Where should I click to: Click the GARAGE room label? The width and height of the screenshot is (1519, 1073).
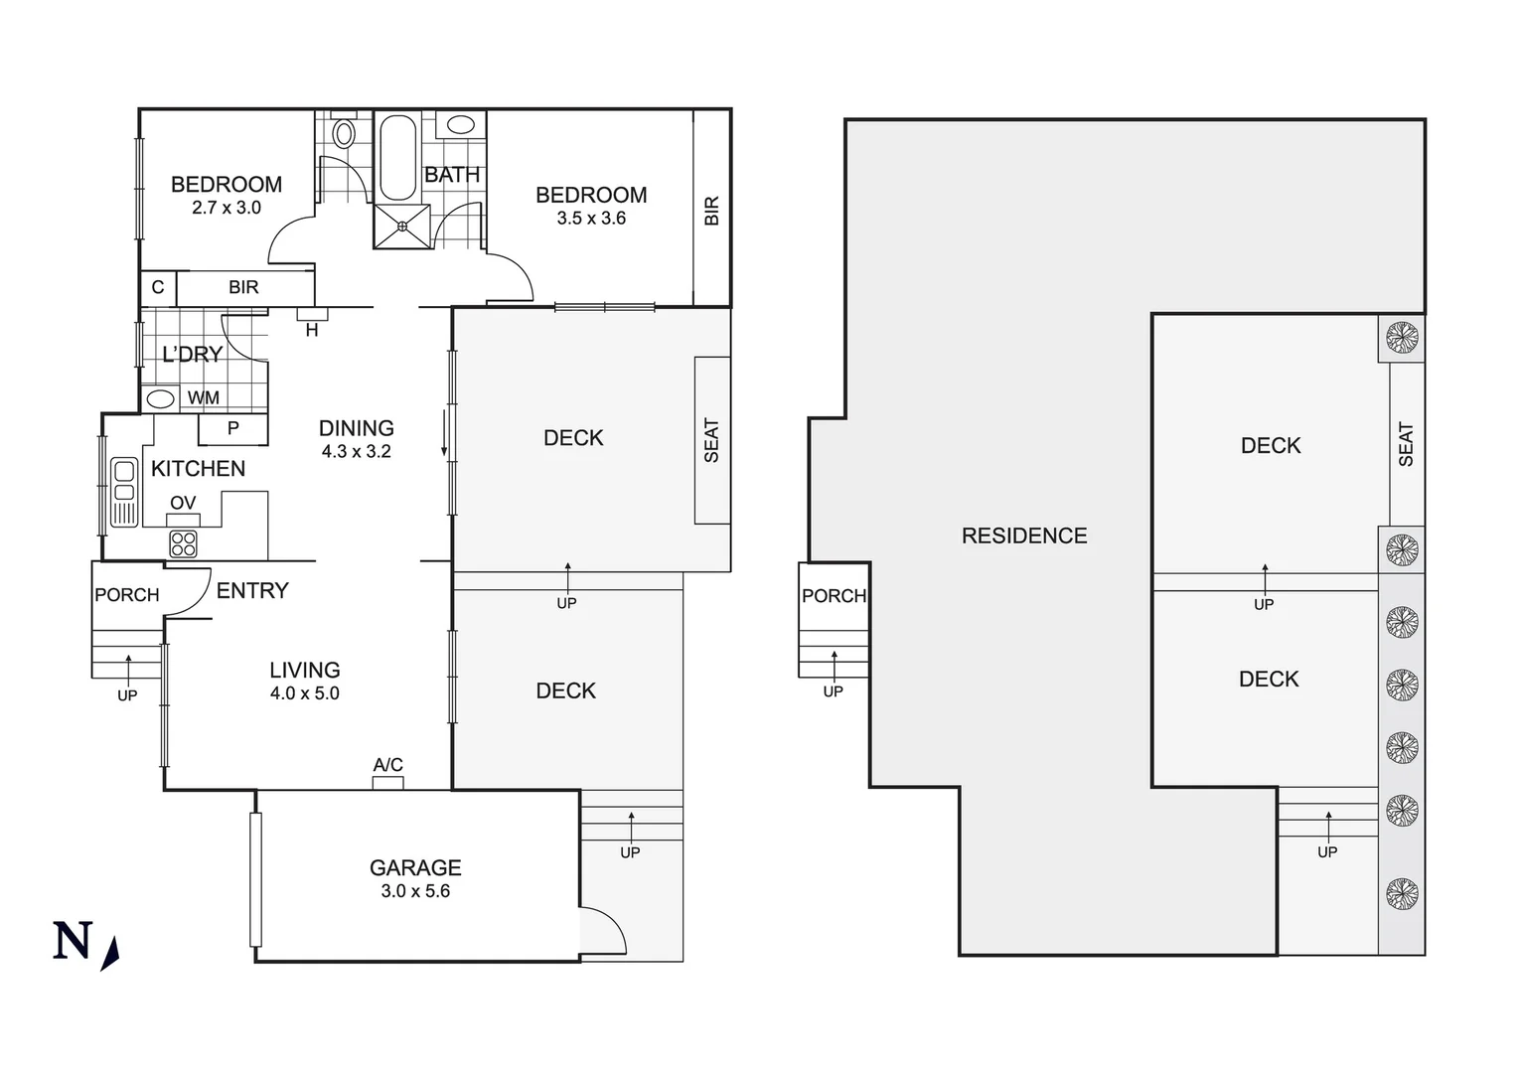pos(415,867)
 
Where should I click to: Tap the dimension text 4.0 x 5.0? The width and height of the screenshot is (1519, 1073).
pos(304,693)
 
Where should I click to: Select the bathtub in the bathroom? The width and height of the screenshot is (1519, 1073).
pos(399,159)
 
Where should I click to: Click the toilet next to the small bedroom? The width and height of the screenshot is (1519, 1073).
pos(344,133)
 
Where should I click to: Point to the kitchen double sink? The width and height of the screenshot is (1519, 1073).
pos(124,492)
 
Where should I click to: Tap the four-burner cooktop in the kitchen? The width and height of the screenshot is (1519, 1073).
pos(183,543)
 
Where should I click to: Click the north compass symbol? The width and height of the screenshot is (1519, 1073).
pos(84,943)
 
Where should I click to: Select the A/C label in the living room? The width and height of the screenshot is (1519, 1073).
pos(387,764)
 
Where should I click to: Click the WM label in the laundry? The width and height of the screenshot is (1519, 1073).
pos(204,397)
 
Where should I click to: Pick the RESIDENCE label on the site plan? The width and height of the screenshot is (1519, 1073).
pos(1023,536)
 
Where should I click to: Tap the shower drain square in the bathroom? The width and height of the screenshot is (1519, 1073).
pos(402,227)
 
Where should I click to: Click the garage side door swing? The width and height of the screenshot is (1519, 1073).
pos(603,931)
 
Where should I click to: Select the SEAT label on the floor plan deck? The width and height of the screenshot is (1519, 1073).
pos(711,440)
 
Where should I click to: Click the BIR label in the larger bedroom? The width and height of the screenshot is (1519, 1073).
pos(711,210)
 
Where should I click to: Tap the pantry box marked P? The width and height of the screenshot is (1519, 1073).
pos(232,428)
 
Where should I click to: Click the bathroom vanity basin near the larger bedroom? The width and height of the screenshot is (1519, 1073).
pos(460,124)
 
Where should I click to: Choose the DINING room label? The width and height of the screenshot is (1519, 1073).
pos(356,428)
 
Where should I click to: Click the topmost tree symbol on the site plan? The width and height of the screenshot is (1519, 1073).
pos(1401,337)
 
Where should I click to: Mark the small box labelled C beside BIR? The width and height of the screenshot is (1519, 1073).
pos(158,287)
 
